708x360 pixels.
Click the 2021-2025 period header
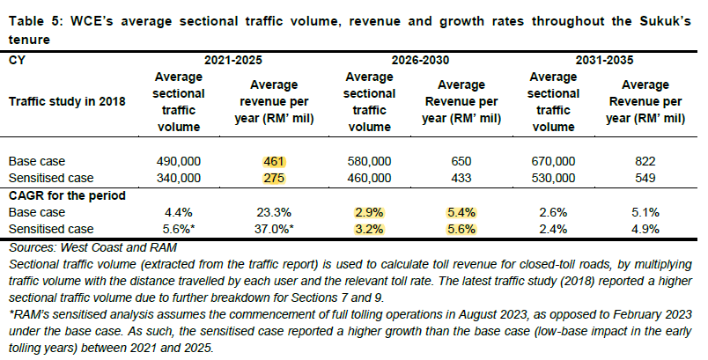233,62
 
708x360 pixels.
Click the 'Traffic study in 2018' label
66,100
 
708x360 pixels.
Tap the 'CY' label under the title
17,62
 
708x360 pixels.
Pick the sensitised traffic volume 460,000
368,178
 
